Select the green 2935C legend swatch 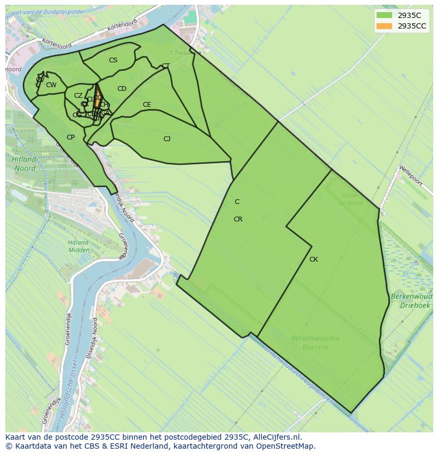coord(384,15)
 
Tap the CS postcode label coord(113,60)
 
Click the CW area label coord(51,85)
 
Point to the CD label coord(122,89)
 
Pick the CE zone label coord(147,105)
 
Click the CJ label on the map coord(167,139)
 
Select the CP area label coord(70,137)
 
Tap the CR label coord(238,219)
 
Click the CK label coord(314,259)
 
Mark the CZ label coord(78,96)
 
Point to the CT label coord(166,66)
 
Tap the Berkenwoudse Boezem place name coord(315,342)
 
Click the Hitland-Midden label coord(78,246)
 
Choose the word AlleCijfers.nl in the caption coord(276,437)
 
